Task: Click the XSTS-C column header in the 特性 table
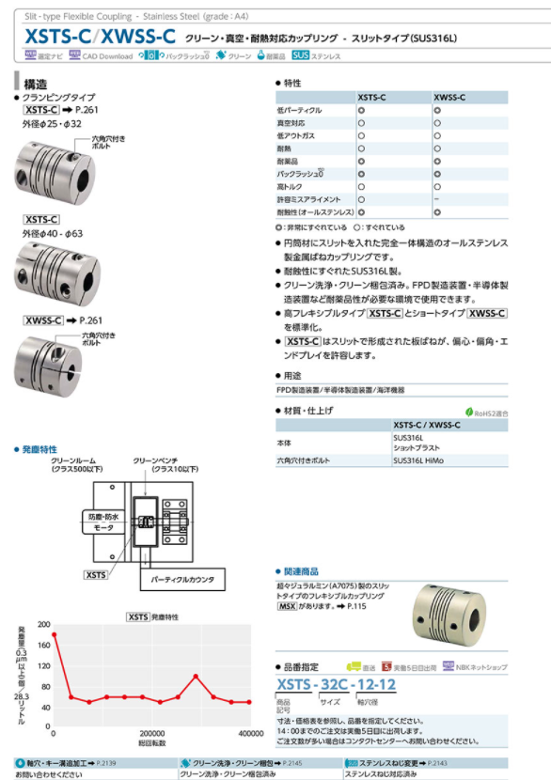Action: point(374,98)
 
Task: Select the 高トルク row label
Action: point(290,188)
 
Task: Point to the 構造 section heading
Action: point(37,84)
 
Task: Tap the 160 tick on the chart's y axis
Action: point(43,646)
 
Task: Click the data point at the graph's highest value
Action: point(54,634)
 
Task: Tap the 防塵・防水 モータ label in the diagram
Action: point(102,523)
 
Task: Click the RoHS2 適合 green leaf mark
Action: point(469,412)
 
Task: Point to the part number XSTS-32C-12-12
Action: point(336,686)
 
